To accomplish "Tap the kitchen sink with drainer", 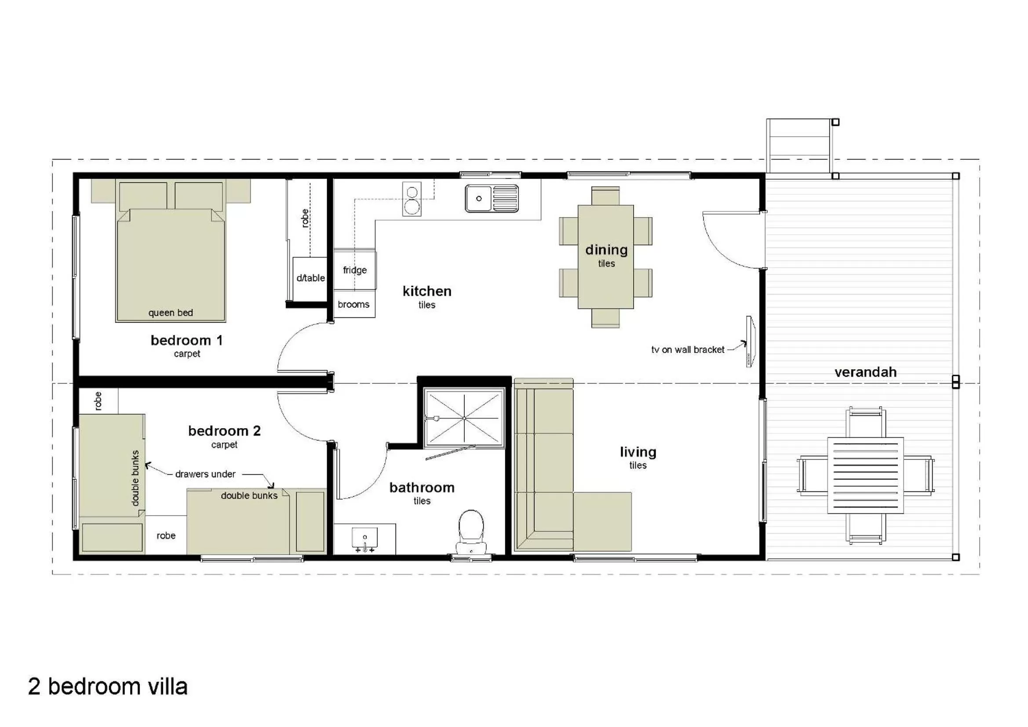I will (492, 198).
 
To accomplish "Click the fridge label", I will (354, 270).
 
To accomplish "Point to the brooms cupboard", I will (354, 305).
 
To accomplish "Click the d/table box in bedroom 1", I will (310, 278).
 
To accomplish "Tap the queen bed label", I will (171, 313).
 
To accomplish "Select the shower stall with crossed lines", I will (464, 418).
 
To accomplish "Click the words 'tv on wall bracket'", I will (687, 349).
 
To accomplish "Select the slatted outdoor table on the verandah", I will (865, 476).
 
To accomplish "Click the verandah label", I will (865, 372).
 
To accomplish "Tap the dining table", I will (605, 257).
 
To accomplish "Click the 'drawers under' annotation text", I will (205, 474).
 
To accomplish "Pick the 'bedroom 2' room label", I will (224, 431).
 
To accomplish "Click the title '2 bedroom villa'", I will (107, 686).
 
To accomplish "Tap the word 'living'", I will (638, 452).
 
